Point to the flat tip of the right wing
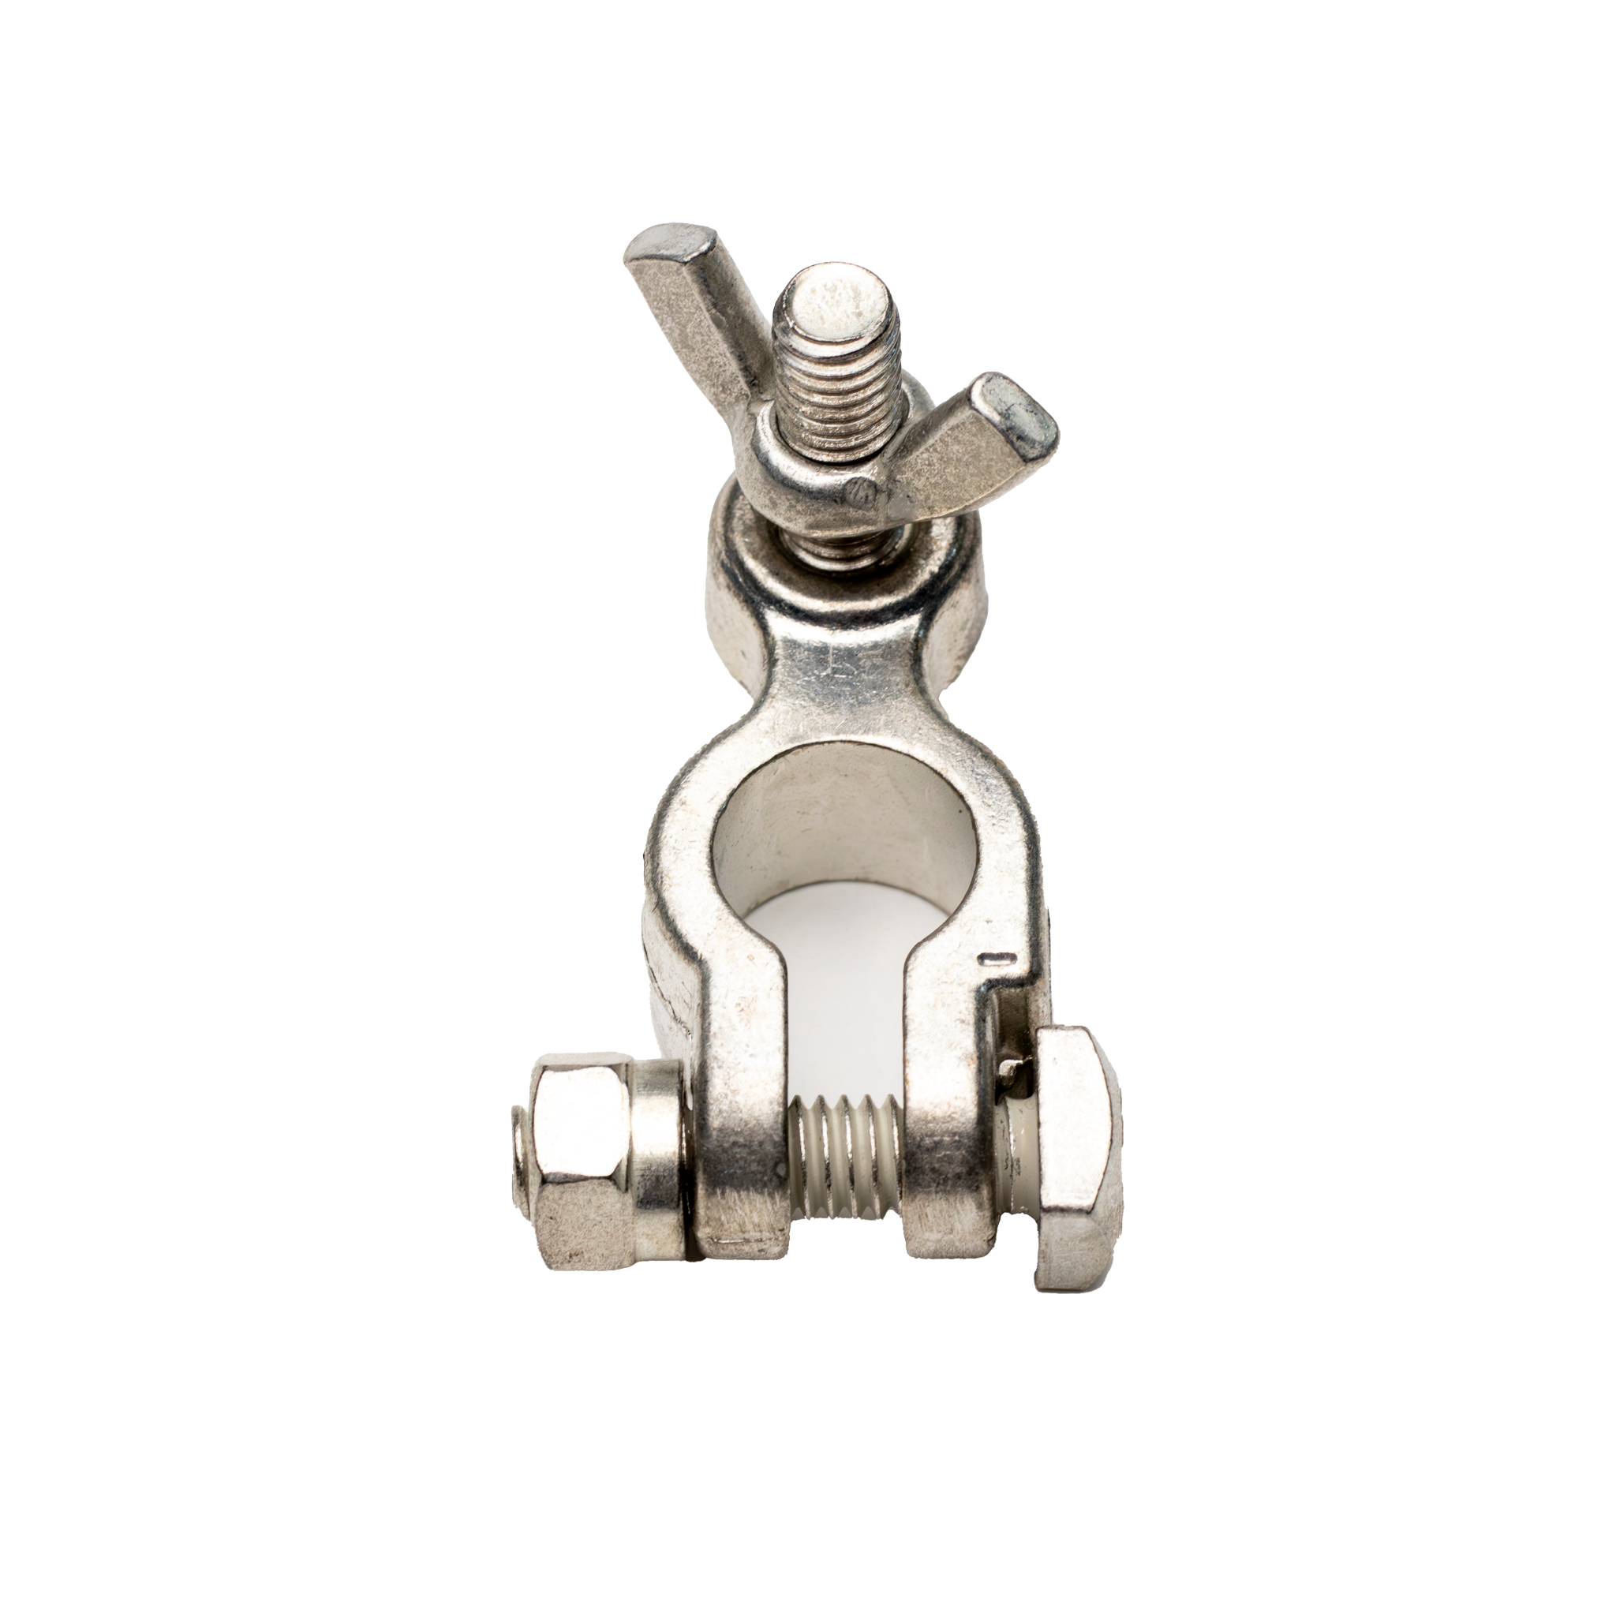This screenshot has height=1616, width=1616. tap(1016, 414)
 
